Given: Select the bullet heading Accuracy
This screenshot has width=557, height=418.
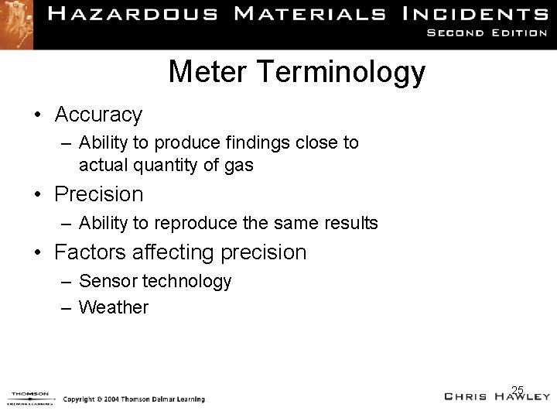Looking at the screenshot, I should (x=98, y=115).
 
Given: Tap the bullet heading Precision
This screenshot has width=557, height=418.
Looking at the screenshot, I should (x=99, y=194).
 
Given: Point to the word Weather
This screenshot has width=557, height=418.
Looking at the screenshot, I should (x=114, y=307).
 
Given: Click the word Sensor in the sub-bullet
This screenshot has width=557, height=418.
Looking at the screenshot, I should (x=105, y=282).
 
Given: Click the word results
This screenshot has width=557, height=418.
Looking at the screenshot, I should (x=350, y=224).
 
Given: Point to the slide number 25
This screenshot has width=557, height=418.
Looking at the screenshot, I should (x=518, y=389).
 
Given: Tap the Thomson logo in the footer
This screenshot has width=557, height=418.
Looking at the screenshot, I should (x=29, y=397).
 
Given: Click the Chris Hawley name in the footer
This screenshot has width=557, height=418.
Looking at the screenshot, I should (x=497, y=397).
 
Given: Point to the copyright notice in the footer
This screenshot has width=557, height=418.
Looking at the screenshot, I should (x=133, y=399).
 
